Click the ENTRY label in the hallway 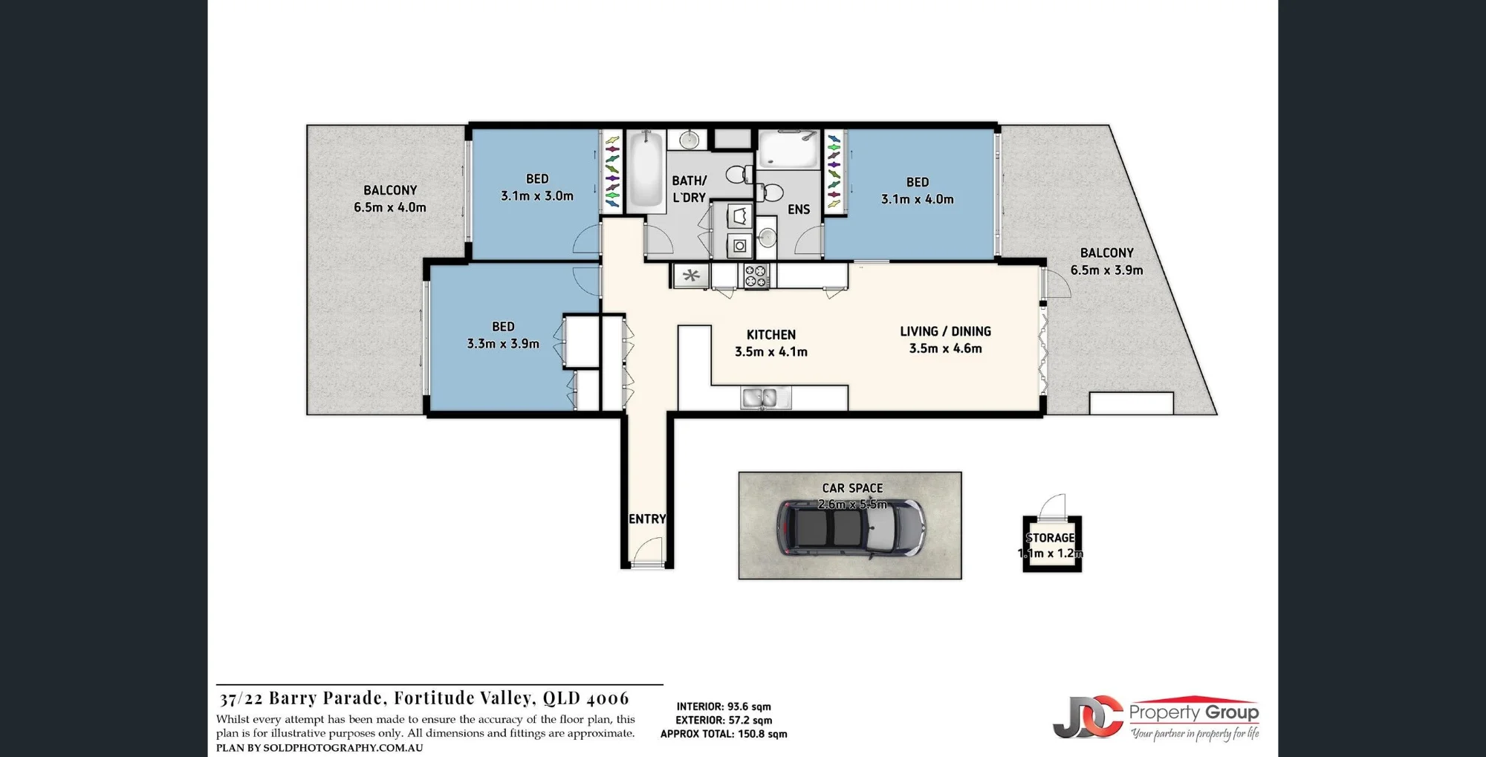point(647,519)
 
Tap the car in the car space point(851,527)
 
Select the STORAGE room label point(1050,538)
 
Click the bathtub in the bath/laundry point(646,170)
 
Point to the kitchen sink point(766,398)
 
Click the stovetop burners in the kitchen point(756,276)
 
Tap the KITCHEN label point(771,335)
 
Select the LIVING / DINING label point(945,331)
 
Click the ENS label point(799,209)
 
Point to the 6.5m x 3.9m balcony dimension point(1106,270)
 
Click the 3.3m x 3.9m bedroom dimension point(503,344)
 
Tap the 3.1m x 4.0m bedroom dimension point(918,199)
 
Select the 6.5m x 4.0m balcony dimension point(390,207)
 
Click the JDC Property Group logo point(1156,718)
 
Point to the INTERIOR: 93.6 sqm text point(724,706)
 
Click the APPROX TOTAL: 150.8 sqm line point(724,734)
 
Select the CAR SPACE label point(852,488)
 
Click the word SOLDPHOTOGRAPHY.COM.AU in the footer point(343,748)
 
